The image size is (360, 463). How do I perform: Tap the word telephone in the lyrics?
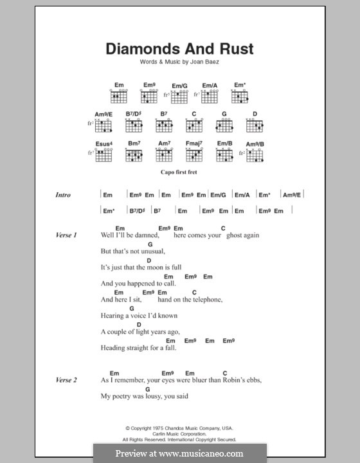pyautogui.click(x=204, y=300)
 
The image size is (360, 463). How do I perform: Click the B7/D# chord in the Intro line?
pyautogui.click(x=136, y=211)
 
